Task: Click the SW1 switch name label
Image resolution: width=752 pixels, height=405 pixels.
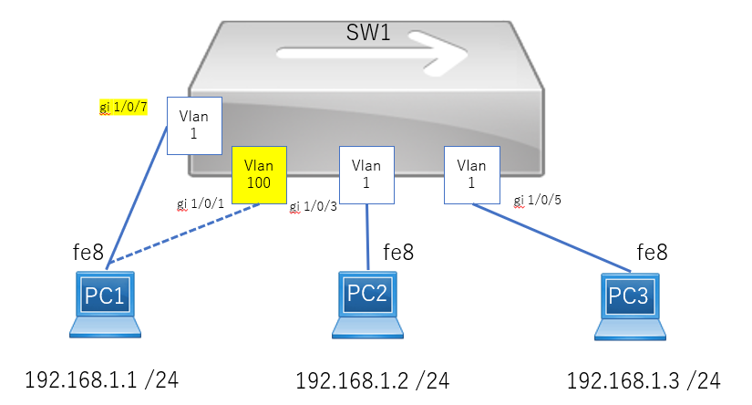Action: pos(368,33)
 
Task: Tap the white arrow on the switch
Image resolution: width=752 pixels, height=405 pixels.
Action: pos(372,53)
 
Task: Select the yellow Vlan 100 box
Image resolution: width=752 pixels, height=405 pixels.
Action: pos(259,174)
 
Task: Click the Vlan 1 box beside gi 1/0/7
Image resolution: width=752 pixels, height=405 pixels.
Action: pos(194,126)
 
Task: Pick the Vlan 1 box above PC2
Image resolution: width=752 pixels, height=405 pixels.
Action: pos(366,174)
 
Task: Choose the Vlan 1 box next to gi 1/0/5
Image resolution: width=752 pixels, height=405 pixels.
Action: pos(472,174)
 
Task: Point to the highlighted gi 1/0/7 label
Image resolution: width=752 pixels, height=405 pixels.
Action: pos(123,107)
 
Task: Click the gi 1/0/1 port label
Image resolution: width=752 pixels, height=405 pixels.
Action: pos(201,204)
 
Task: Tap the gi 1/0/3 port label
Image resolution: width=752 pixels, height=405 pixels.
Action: pos(314,207)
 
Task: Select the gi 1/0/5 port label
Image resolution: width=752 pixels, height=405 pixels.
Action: pos(537,200)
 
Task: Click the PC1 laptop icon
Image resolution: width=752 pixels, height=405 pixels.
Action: pos(105,305)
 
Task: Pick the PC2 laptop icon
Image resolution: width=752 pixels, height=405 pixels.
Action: pos(367,306)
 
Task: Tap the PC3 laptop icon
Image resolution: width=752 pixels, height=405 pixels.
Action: pos(630,306)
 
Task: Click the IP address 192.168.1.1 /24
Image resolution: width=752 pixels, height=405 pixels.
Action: pos(102,380)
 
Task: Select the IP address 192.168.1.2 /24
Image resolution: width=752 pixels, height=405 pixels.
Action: pos(373,381)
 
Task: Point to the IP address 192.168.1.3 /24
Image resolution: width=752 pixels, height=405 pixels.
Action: pos(644,381)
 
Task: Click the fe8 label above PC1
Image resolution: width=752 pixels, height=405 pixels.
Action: pos(88,253)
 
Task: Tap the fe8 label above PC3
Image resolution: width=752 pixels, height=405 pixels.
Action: pos(652,253)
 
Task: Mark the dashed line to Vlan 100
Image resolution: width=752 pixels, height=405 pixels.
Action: pos(183,234)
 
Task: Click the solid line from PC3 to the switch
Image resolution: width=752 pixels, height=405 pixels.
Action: pos(551,237)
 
